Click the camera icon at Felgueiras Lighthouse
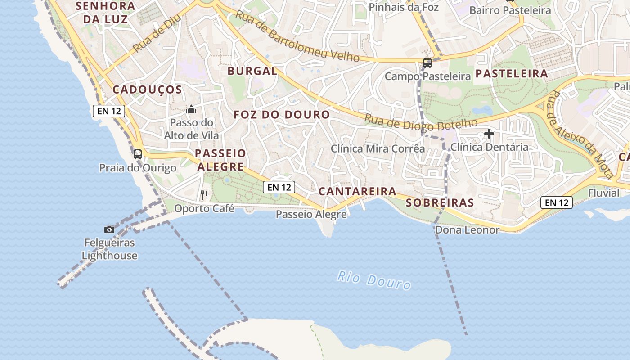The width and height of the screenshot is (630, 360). (109, 230)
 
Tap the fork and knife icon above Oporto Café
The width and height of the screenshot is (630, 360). (204, 195)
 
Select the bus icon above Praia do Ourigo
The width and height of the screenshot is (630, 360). (138, 154)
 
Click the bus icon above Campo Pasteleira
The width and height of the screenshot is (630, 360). (427, 63)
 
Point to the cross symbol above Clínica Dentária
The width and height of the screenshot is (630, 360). (489, 134)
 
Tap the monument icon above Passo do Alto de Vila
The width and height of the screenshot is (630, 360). (191, 109)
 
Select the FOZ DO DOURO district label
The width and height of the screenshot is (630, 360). (282, 115)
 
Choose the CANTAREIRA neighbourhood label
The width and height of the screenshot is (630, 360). (357, 191)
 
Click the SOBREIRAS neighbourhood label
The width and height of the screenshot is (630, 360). (440, 203)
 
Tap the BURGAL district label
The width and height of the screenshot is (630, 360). (252, 71)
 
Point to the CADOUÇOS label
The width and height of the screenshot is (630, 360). (147, 90)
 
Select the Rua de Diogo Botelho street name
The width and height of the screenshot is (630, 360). (421, 121)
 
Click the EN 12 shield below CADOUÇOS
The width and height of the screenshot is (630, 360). (108, 111)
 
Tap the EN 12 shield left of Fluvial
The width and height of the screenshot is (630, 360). (556, 202)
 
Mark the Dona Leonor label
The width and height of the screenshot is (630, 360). (467, 230)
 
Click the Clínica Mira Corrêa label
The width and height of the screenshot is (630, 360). (378, 148)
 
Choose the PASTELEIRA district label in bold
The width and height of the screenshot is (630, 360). (512, 74)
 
